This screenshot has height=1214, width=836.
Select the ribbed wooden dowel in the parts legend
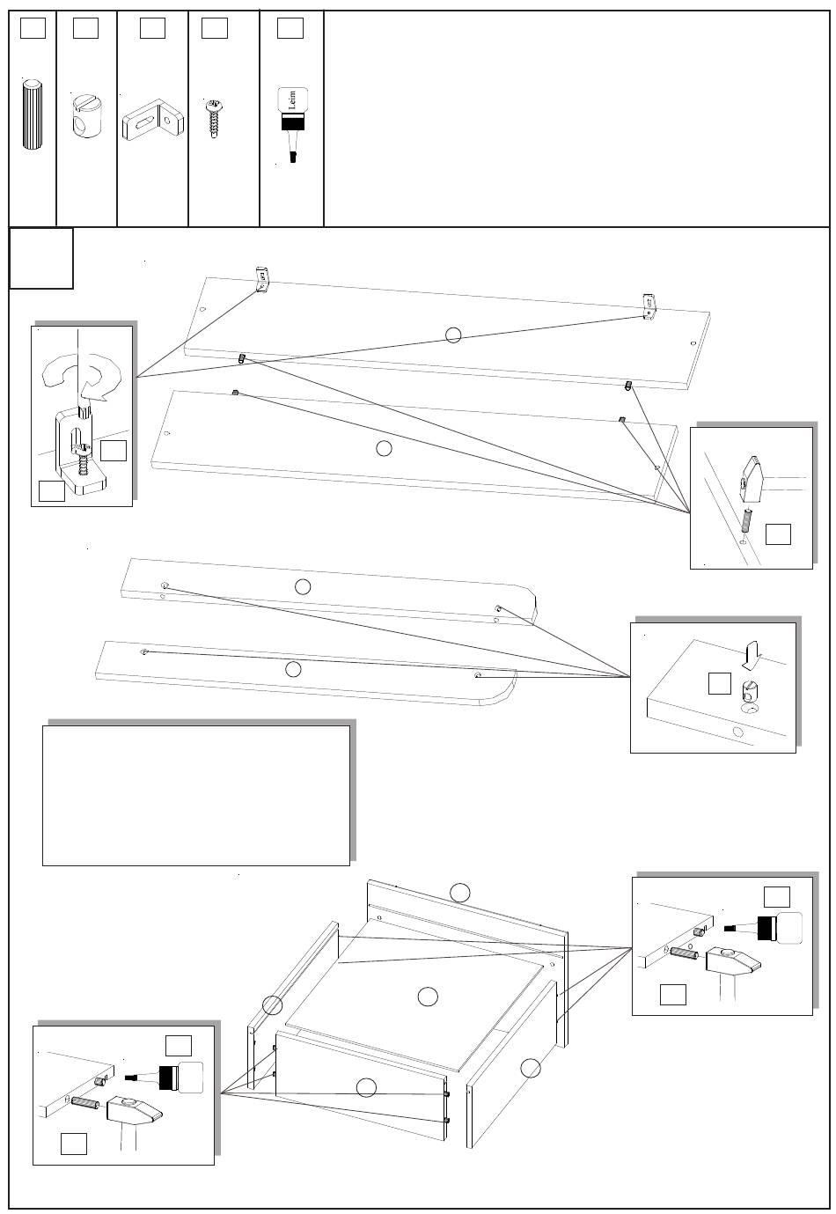(33, 115)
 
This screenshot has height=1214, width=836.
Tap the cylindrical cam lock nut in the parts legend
(85, 115)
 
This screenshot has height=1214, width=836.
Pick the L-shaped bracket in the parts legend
(153, 118)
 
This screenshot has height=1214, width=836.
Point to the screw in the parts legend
(213, 116)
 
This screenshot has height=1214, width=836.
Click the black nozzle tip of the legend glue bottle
(293, 157)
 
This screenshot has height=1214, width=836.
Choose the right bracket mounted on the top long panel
(650, 307)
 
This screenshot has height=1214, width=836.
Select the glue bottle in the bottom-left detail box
(172, 1078)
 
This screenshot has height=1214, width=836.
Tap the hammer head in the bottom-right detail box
(733, 960)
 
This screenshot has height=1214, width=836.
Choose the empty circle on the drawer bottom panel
(428, 997)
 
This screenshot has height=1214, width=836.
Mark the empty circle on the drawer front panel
(366, 1088)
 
